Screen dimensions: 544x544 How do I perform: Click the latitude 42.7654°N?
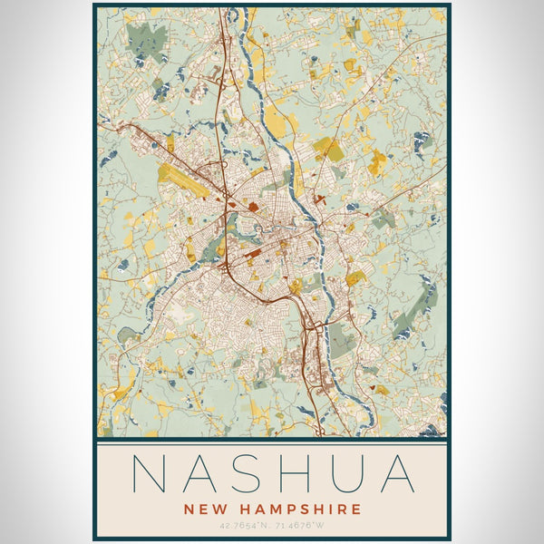(243, 525)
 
